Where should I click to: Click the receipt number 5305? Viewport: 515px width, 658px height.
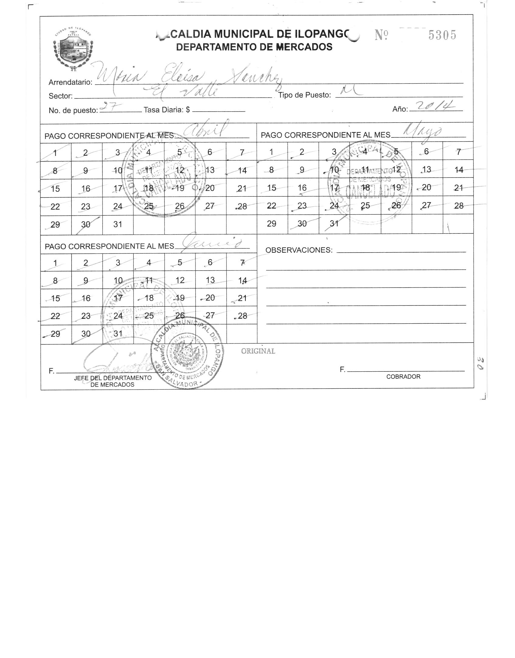(x=442, y=36)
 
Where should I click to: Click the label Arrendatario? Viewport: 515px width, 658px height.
(x=70, y=82)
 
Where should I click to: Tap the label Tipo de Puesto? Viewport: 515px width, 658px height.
(x=304, y=95)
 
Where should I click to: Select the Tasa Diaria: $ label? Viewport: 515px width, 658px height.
(x=167, y=110)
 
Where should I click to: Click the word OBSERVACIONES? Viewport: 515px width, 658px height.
(x=299, y=250)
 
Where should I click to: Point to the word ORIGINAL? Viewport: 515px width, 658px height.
(x=258, y=351)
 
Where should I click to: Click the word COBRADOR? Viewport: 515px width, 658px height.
(x=403, y=377)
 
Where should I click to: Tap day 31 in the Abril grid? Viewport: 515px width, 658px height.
(x=118, y=224)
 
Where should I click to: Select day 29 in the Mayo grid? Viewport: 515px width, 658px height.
(x=271, y=224)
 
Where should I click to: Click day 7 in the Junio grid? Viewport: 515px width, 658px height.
(x=242, y=263)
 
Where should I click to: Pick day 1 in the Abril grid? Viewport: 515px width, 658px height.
(x=55, y=153)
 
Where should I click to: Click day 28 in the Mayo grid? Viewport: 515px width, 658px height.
(x=459, y=206)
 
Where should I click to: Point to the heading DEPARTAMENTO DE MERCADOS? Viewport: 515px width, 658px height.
(x=254, y=47)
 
